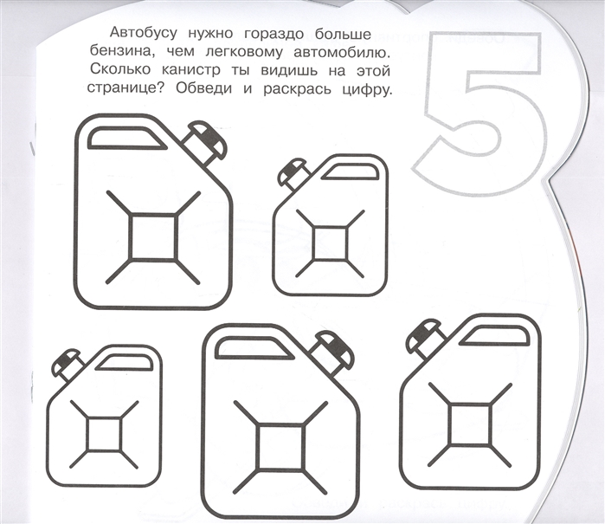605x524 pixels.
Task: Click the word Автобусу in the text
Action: coord(144,34)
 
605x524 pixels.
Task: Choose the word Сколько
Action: coord(120,70)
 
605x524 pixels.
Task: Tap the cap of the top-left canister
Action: coord(204,143)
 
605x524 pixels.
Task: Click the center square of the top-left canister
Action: coord(153,236)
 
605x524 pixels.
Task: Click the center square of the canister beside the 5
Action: coord(330,244)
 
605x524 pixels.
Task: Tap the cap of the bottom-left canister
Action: coord(68,364)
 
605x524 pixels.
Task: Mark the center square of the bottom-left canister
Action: coord(104,435)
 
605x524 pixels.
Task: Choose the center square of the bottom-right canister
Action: coord(470,424)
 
